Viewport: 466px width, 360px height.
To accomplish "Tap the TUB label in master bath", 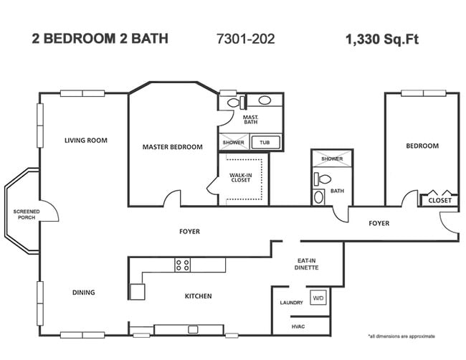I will [x=265, y=143].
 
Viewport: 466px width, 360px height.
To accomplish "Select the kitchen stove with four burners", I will [x=183, y=265].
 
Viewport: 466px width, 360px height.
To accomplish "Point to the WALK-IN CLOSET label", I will [x=240, y=177].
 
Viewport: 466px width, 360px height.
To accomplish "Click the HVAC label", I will [x=298, y=326].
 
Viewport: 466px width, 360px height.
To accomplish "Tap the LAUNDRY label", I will [x=291, y=303].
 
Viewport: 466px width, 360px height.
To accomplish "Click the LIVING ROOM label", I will [x=85, y=141].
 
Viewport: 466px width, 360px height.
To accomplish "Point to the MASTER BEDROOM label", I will [x=172, y=147].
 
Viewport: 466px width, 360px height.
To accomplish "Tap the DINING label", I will [x=83, y=293].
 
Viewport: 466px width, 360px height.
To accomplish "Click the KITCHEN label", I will [x=197, y=295].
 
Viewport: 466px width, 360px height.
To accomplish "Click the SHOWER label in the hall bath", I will [x=332, y=158].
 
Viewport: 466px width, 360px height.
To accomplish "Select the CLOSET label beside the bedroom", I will [x=439, y=201].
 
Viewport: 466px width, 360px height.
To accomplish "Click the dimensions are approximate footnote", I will [x=401, y=336].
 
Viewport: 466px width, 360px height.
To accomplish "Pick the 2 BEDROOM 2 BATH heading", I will [x=100, y=39].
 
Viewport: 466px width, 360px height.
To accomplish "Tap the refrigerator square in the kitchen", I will [x=137, y=290].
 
